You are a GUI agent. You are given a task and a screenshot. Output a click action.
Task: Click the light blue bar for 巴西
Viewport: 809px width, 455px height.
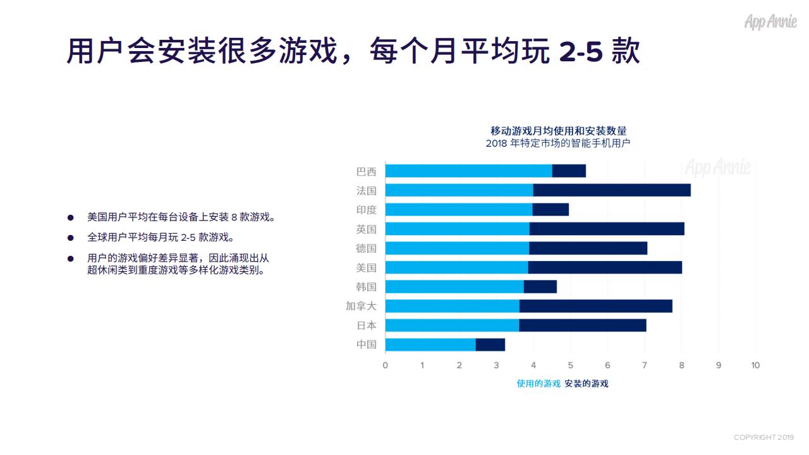468,171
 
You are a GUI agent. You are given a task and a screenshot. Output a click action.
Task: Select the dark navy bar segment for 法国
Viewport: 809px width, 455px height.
611,190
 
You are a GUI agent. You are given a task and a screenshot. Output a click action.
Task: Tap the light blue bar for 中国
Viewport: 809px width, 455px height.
430,344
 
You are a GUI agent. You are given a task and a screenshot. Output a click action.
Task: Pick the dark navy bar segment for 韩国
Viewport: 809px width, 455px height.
540,287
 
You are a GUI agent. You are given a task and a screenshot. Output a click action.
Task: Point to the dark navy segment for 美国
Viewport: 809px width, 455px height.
605,267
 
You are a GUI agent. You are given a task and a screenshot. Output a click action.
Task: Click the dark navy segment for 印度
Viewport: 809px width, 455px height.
550,210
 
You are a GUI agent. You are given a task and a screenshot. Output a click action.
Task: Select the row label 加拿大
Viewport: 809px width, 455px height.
361,306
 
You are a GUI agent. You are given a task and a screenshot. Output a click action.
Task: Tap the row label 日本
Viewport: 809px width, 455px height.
366,325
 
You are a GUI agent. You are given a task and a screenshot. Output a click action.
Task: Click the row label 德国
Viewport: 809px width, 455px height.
366,248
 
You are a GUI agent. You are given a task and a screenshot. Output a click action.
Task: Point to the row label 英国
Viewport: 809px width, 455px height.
366,229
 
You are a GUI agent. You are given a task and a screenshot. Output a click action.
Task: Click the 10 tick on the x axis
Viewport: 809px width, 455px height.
755,365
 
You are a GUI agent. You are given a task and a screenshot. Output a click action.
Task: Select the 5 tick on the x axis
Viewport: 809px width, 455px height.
570,365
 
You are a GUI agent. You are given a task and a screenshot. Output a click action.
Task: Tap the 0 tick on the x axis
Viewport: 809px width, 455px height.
385,365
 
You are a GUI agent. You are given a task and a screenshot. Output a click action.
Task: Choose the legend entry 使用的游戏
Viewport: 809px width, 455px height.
538,384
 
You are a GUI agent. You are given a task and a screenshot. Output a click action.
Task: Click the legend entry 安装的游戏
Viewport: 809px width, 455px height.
587,384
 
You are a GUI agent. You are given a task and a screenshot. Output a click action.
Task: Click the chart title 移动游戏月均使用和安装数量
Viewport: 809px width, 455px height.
559,131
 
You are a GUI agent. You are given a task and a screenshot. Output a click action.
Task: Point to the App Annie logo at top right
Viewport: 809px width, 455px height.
770,22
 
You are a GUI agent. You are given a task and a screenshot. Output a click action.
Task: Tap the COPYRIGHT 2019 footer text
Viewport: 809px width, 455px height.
763,437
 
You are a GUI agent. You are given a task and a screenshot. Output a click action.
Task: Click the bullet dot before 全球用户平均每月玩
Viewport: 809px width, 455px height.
71,238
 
